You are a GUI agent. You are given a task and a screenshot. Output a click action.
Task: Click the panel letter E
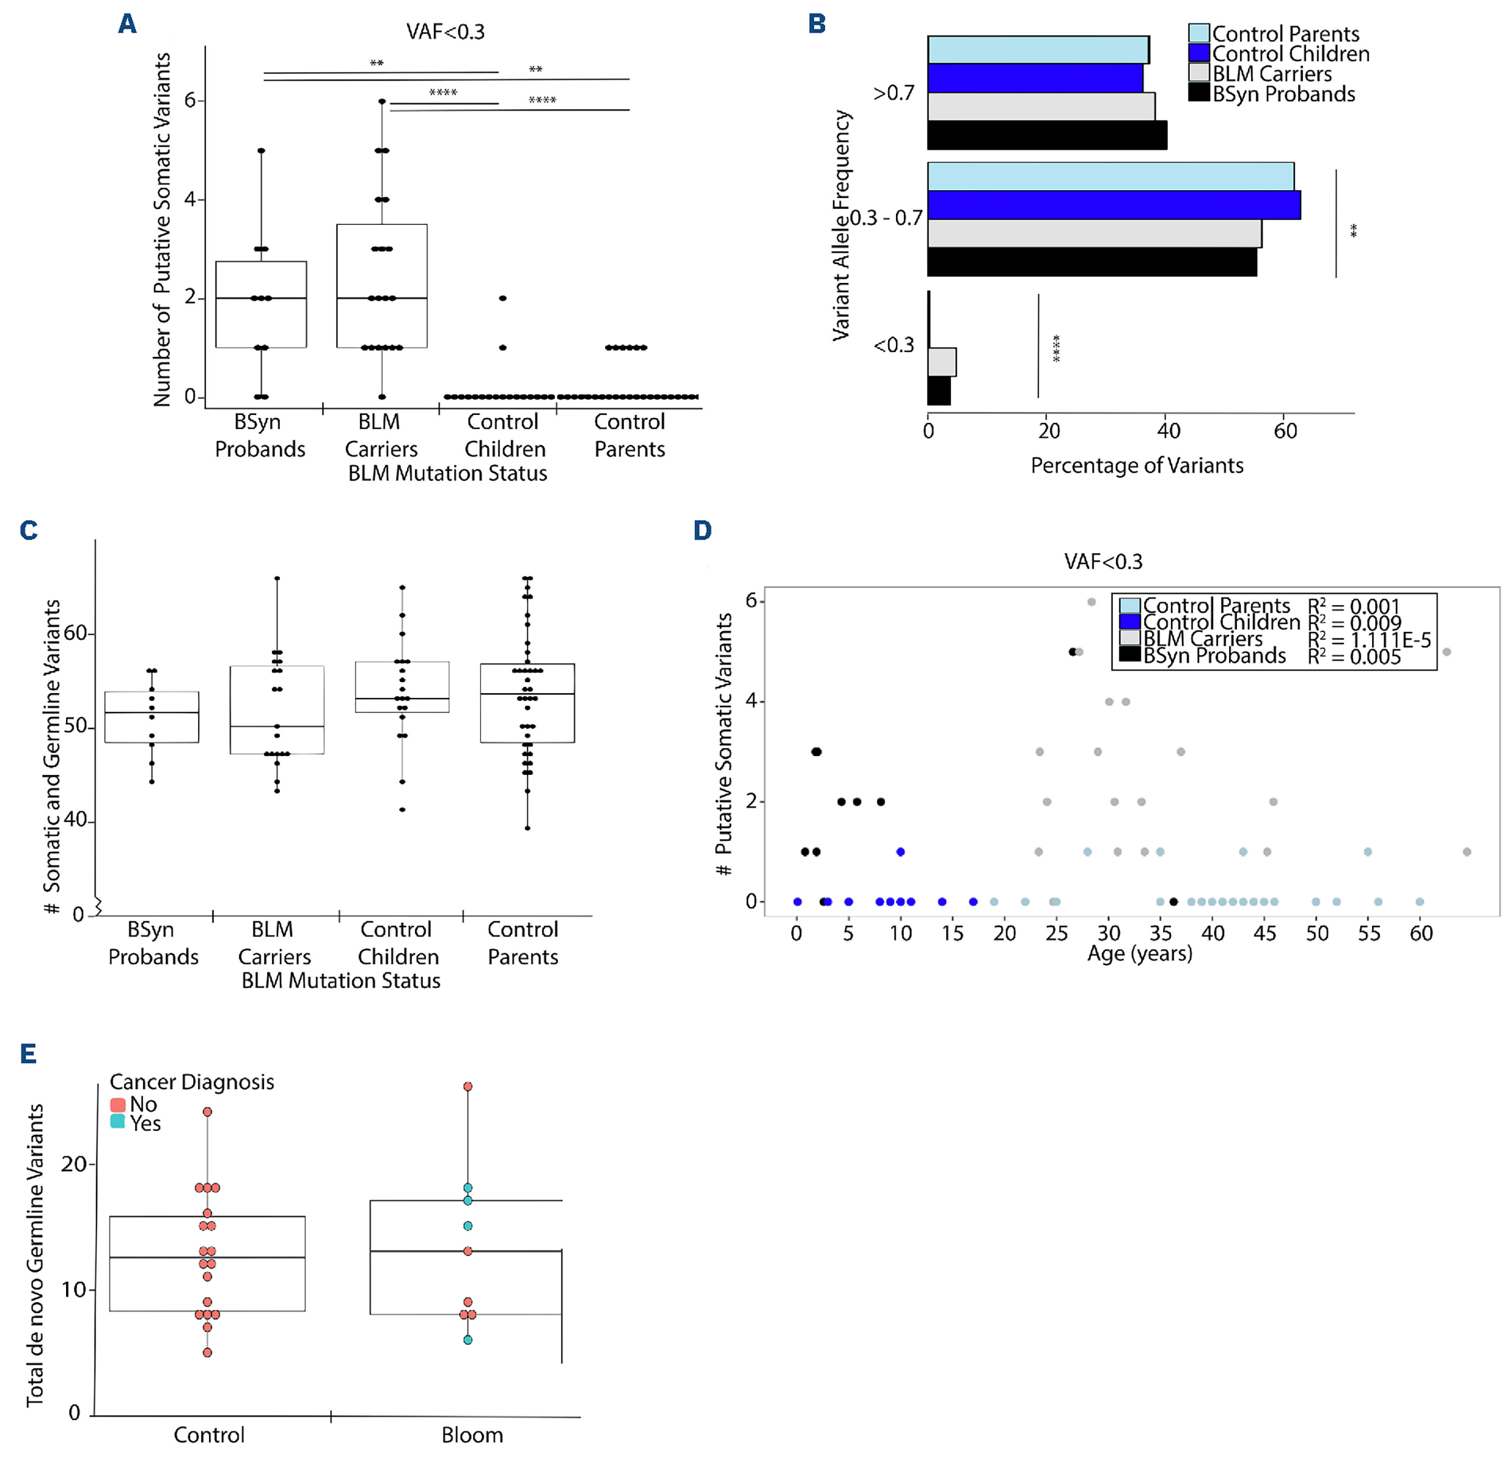point(28,1054)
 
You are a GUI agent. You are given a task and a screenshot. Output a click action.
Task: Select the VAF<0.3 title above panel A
point(445,32)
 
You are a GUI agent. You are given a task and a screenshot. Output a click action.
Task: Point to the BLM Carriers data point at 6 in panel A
point(382,101)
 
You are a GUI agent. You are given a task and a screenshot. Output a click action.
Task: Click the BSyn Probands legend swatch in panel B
point(1198,93)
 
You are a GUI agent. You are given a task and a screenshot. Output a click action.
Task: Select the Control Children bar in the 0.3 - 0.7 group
point(1113,205)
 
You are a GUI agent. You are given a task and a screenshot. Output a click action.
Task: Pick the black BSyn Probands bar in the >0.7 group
point(1047,136)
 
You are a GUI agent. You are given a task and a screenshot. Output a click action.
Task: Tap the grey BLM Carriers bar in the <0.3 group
point(942,362)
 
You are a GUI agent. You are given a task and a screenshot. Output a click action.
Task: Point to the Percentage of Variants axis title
point(1136,466)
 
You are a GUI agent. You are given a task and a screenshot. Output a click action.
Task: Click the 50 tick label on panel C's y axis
point(75,728)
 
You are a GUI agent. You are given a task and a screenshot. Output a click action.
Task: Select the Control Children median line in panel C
point(402,699)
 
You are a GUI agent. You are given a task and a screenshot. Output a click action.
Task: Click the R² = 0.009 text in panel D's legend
point(1354,623)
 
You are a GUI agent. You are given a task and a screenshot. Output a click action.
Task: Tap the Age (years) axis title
point(1139,954)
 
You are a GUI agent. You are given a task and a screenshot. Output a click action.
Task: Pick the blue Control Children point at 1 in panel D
point(900,852)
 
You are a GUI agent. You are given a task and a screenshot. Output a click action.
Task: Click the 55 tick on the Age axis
point(1368,934)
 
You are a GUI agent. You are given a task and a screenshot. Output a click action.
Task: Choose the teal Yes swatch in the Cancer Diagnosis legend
point(118,1122)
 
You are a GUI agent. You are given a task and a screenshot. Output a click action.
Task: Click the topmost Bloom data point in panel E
point(468,1087)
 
